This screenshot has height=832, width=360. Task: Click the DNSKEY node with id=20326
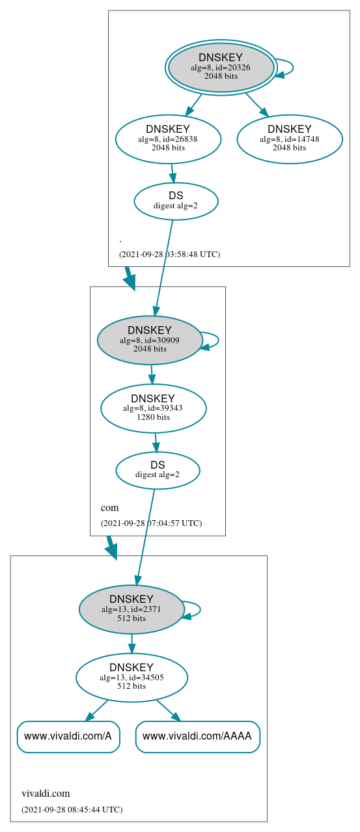(221, 68)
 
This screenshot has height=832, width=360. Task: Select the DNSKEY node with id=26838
(168, 139)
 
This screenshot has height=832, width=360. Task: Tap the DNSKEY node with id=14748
(290, 139)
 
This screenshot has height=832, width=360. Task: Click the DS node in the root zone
(176, 201)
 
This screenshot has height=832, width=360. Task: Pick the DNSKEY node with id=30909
(150, 340)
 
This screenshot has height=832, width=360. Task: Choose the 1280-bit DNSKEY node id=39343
(154, 408)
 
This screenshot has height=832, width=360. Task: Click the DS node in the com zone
(158, 470)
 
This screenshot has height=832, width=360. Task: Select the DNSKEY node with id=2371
(132, 609)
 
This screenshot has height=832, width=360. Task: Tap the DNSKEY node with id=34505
(132, 678)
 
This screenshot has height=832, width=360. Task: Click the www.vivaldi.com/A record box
(68, 736)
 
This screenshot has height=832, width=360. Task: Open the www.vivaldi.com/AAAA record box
(197, 736)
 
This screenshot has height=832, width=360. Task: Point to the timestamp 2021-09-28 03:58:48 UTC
(169, 254)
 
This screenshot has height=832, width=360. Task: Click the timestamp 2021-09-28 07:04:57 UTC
(151, 523)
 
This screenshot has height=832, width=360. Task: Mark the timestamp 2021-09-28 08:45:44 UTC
(72, 809)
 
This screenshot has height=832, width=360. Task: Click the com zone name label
(109, 507)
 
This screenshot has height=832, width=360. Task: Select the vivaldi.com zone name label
(46, 793)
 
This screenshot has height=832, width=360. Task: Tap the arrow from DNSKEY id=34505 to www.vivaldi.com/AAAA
(168, 710)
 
